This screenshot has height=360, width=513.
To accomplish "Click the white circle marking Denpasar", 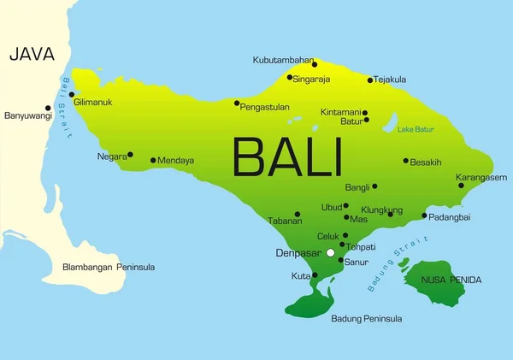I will tap(330, 253).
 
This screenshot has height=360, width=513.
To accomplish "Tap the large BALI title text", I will tap(287, 157).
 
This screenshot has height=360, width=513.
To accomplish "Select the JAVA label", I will tap(32, 55).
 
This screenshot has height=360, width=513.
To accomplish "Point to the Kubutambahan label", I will tap(284, 60).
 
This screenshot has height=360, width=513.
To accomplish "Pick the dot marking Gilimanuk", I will tap(72, 95).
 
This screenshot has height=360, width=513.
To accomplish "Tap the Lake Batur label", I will tap(416, 129).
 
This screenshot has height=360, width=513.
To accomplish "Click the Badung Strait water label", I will tap(392, 269).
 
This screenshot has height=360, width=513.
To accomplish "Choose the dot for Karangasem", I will tap(461, 186).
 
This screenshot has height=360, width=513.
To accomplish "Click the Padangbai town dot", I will tap(424, 215).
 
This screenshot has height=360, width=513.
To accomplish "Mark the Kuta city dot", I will tap(315, 275).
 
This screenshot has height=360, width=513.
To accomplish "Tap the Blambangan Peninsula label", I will tap(109, 267).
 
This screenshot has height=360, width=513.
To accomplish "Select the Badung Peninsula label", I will tap(366, 319).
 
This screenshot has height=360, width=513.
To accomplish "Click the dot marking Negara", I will tap(130, 155).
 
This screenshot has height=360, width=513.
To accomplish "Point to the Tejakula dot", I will tap(370, 80).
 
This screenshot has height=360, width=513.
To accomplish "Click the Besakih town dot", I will tap(406, 161).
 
